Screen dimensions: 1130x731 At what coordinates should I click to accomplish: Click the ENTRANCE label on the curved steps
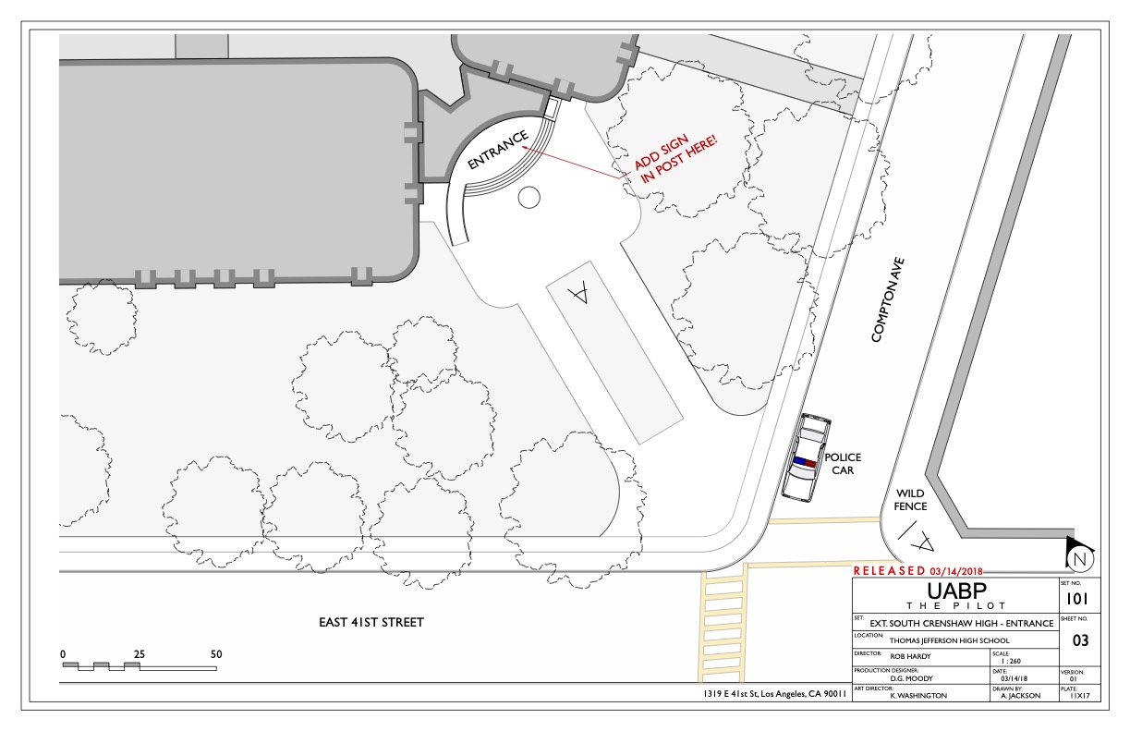point(498,150)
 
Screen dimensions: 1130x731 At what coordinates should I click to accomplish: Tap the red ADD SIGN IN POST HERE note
point(675,158)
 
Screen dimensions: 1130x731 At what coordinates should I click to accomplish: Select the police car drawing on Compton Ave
point(806,457)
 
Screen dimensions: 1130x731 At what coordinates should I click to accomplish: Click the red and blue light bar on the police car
point(805,461)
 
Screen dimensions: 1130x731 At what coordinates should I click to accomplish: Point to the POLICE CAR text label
point(843,464)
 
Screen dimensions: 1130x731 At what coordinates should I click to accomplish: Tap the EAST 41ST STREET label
point(371,622)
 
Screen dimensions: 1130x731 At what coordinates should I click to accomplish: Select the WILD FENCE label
point(910,499)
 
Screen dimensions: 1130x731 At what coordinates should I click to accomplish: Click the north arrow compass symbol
point(1079,554)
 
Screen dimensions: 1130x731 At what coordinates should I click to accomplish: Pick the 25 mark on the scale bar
point(140,653)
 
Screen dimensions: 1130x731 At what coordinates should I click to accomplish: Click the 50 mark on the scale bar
point(216,653)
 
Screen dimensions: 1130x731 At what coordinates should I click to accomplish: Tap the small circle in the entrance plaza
point(529,197)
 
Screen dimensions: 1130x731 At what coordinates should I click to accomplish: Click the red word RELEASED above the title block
point(890,570)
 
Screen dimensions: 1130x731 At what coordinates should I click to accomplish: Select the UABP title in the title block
point(956,591)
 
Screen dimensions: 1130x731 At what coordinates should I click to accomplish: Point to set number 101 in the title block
point(1076,599)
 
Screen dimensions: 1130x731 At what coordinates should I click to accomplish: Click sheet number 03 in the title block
point(1080,640)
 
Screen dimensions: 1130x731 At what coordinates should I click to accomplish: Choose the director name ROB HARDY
point(910,656)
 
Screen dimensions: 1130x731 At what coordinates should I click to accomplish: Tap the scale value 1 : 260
point(1011,661)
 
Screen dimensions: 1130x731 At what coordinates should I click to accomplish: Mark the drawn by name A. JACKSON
point(1021,696)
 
